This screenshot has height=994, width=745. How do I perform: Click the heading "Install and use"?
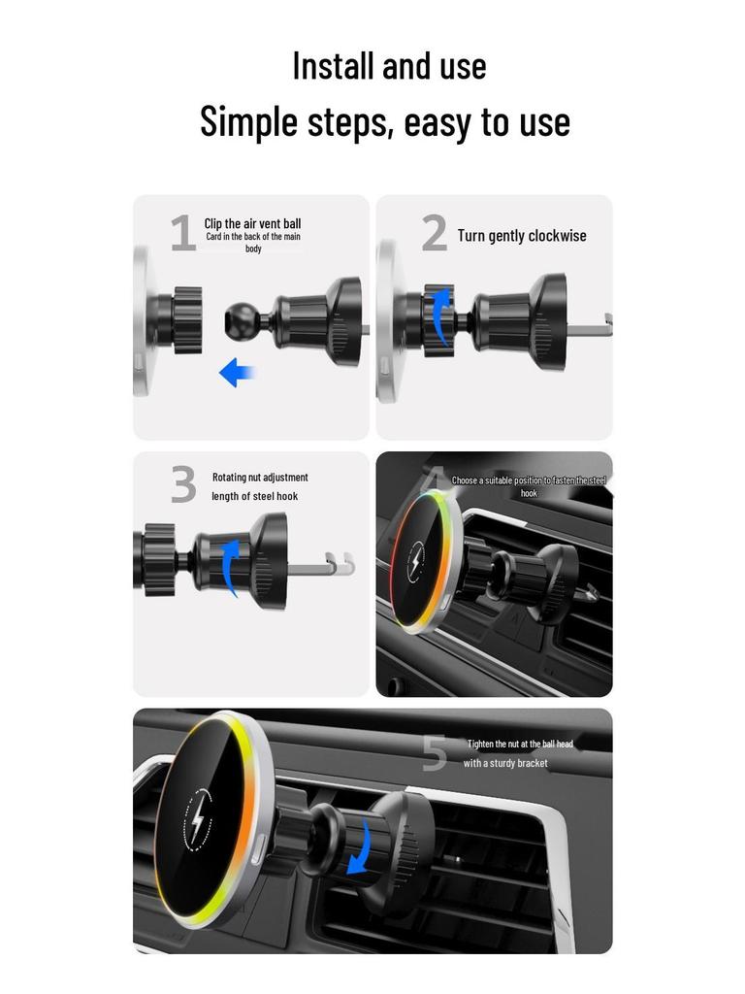point(389,66)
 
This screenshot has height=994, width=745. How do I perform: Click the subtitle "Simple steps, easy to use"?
point(385,122)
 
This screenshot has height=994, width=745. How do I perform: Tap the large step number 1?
point(182,235)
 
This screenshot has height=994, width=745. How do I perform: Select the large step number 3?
point(183,485)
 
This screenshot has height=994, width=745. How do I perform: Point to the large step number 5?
point(435,754)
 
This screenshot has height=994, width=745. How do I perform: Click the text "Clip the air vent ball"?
point(252,224)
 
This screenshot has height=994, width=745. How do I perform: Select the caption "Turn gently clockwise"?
point(522,236)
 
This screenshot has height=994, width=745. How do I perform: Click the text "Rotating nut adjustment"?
point(260,478)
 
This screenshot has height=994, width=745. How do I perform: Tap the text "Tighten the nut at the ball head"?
point(520,745)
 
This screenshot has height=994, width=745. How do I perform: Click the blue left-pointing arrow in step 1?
point(236,372)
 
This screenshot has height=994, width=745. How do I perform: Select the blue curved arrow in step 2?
point(441,315)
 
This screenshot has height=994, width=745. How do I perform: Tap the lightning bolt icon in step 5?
point(199,818)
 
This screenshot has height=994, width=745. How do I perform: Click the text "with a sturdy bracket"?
point(505,764)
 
